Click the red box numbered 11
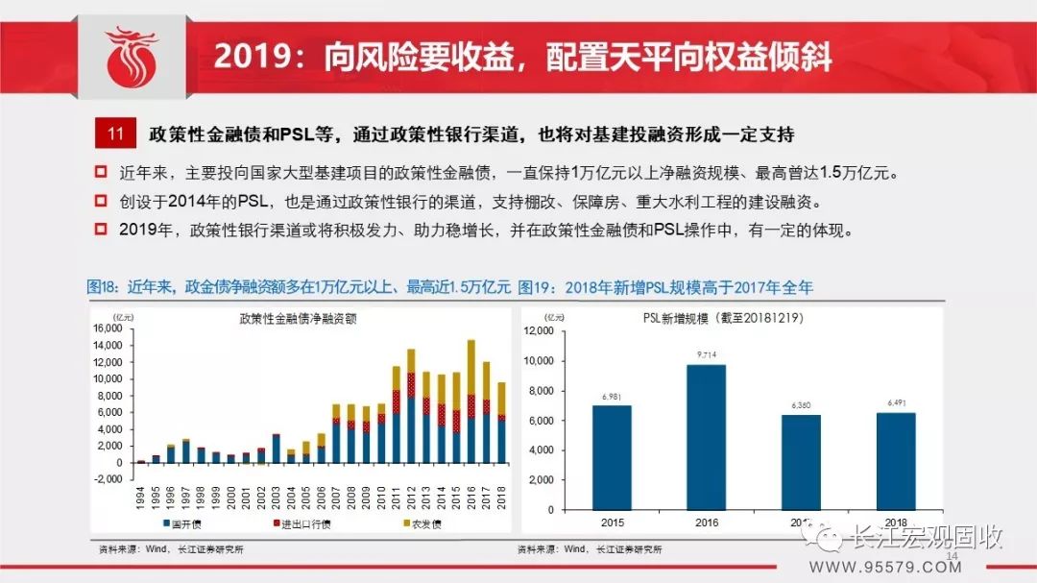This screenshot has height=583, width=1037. coord(115,134)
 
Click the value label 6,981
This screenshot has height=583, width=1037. coord(612,398)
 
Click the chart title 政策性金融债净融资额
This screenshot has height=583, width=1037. coord(298,318)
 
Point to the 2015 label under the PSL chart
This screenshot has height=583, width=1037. coord(612,522)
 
